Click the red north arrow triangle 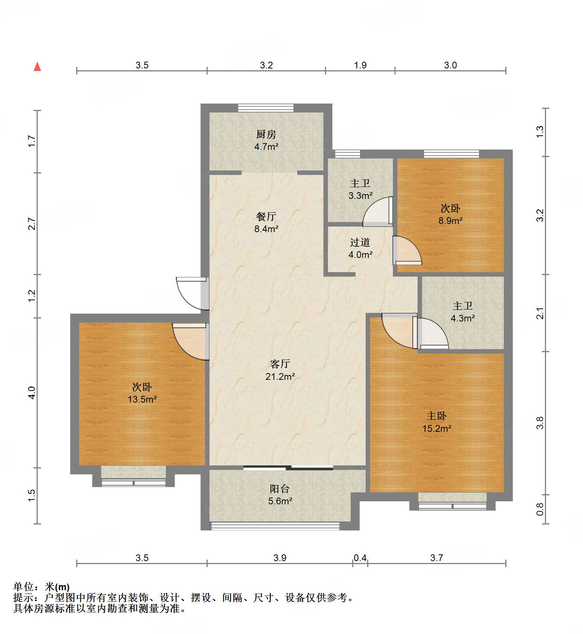coord(37,67)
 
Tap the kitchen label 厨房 coord(266,134)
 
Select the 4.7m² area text coord(266,147)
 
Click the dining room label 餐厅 coord(266,216)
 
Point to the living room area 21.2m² coord(280,376)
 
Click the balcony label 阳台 coord(280,489)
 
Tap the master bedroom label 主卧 coord(437,416)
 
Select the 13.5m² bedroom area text coord(142,400)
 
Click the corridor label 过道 coord(360,243)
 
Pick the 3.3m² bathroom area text coord(360,196)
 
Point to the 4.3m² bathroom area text coord(462,318)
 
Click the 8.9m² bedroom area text coord(450,221)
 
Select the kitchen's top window coord(266,108)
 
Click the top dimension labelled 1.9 coord(360,65)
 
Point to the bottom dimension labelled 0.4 coord(360,558)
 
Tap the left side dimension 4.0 coord(32,393)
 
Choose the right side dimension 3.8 coord(540,423)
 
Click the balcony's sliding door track coord(288,468)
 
